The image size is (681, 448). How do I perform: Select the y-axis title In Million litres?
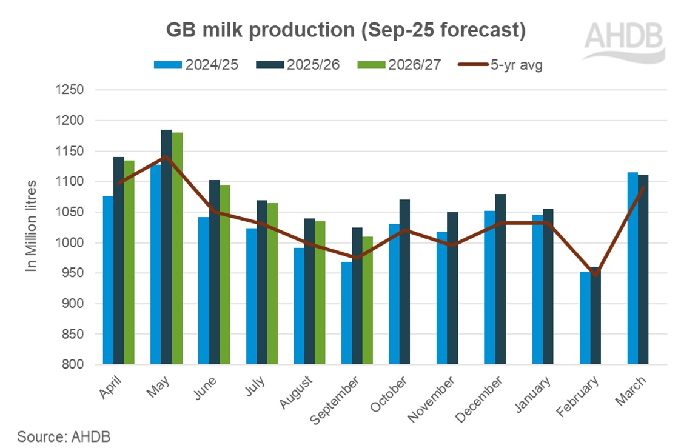click(x=32, y=226)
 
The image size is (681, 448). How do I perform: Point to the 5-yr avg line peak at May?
click(x=166, y=157)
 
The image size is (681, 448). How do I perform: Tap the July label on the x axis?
click(x=255, y=386)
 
